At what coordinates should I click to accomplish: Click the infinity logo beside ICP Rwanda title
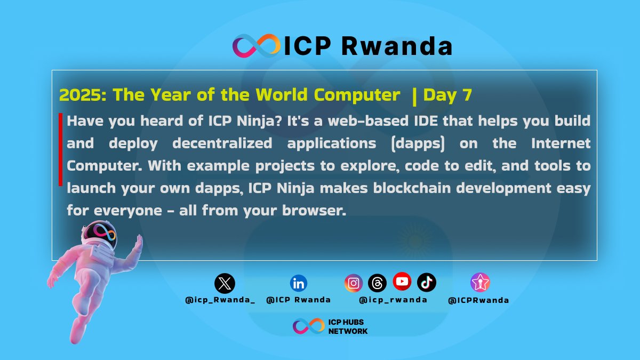pos(256,46)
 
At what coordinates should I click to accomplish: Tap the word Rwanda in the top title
pos(397,46)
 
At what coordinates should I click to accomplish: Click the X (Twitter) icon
pos(225,283)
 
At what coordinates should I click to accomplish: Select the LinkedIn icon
pos(299,283)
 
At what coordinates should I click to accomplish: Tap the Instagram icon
pos(353,283)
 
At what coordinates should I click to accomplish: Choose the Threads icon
pos(377,283)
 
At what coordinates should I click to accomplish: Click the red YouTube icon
pos(402,281)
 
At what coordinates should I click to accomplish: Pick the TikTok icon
pos(427,282)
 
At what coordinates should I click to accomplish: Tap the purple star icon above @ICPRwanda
pos(480,282)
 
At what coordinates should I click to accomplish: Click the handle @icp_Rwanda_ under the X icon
pos(220,300)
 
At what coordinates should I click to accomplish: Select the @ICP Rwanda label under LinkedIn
pos(298,300)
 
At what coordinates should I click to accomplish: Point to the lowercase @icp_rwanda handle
pos(393,300)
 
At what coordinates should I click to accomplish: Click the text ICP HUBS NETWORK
pos(348,327)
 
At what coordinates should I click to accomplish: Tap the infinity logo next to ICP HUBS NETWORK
pos(309,326)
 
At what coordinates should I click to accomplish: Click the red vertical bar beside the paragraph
pos(61,149)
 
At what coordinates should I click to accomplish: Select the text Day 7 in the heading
pos(447,95)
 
